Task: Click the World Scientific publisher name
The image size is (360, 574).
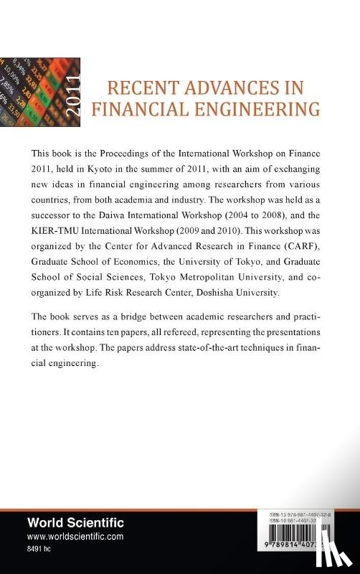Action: pos(75,523)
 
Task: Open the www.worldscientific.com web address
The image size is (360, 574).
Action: pos(75,536)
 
